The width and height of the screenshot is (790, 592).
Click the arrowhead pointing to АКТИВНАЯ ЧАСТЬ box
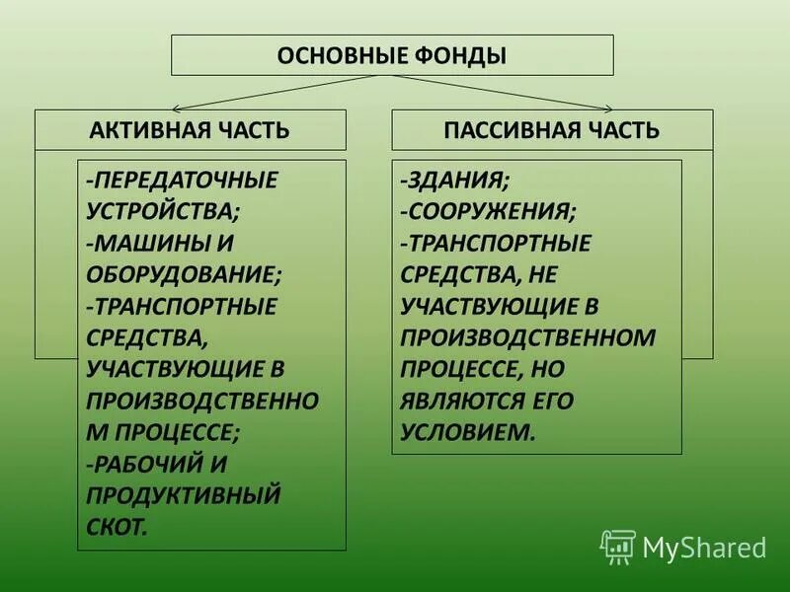coord(177,107)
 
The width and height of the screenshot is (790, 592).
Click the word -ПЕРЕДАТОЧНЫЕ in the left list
coord(183,182)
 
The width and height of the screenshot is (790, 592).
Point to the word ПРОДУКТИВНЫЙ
coord(184,494)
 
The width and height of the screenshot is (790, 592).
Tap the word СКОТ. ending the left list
coord(117,526)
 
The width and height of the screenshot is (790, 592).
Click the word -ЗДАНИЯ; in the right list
coord(455,181)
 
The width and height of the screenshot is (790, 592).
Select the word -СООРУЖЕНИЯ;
coord(489,211)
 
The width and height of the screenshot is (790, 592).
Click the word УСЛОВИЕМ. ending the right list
coord(468,432)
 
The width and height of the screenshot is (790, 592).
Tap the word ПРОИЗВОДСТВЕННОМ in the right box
coord(528,337)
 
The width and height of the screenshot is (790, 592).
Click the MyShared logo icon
coord(618,546)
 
